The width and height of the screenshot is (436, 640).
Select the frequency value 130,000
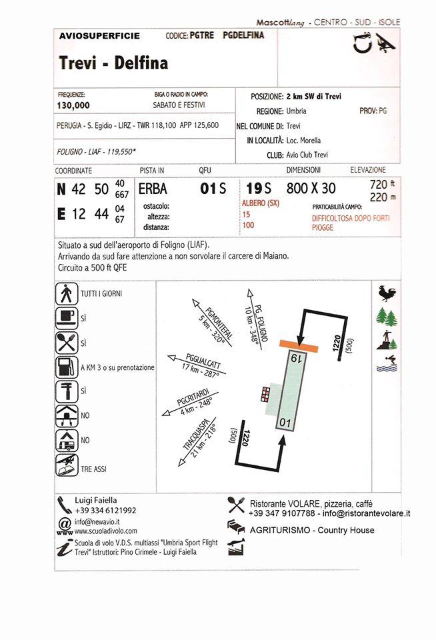[74, 105]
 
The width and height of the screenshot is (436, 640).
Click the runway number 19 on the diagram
[296, 359]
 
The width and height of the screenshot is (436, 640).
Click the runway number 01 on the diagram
[285, 423]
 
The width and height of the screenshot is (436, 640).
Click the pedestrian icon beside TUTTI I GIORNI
[65, 293]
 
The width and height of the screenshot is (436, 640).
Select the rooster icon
[385, 293]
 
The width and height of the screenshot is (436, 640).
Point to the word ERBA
[153, 189]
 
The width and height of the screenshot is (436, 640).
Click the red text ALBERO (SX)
[261, 203]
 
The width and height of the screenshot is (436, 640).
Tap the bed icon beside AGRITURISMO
[236, 527]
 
